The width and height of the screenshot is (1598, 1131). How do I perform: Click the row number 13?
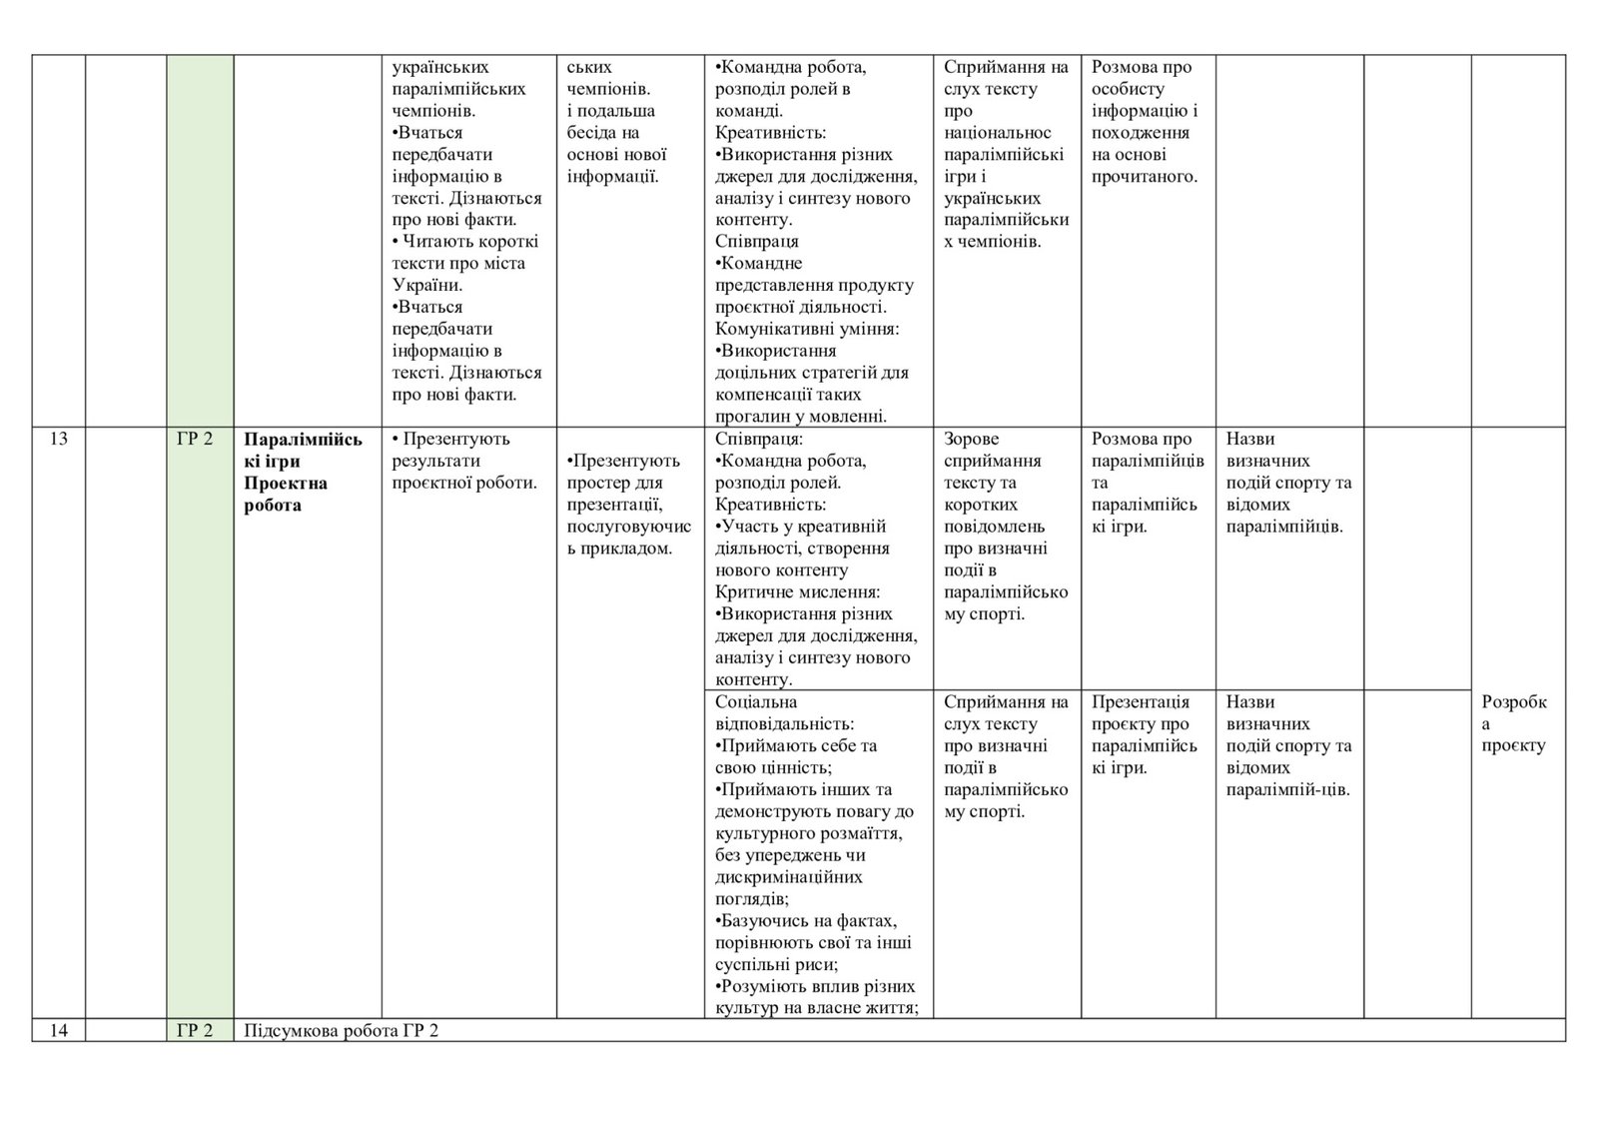[x=58, y=439]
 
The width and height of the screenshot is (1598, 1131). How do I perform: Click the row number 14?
[x=58, y=1030]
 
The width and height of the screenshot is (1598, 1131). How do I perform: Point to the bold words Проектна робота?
[x=286, y=494]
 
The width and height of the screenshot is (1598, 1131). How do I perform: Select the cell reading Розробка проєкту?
[x=1514, y=722]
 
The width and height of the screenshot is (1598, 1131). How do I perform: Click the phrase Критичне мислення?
[x=797, y=591]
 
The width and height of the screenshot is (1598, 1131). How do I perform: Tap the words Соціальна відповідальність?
[x=783, y=712]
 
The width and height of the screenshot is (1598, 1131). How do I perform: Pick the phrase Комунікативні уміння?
[x=807, y=329]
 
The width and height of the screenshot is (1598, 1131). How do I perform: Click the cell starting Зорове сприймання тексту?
[x=1005, y=526]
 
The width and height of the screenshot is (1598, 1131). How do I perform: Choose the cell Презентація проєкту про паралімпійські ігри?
[x=1145, y=734]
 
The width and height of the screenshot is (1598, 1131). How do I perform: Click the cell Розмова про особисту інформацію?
[x=1145, y=122]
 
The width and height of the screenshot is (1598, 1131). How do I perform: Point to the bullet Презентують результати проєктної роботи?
[x=464, y=461]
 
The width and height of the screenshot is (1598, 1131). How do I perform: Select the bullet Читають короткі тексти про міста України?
[x=465, y=263]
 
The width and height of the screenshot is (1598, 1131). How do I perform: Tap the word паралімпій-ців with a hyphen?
[x=1287, y=789]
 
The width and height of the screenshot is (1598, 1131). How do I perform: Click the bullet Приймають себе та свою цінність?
[x=797, y=756]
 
